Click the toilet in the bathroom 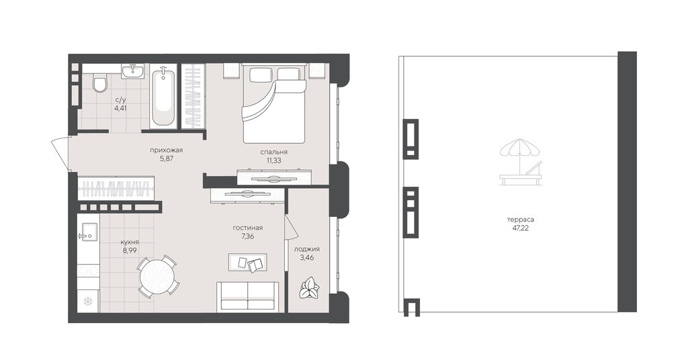coord(100,83)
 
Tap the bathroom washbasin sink coord(132,71)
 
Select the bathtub coord(163,97)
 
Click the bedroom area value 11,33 coord(274,160)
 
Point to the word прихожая coord(167,150)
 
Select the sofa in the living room coord(247,296)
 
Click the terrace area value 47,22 coord(521,228)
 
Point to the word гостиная coord(248,228)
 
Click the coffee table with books coord(247,262)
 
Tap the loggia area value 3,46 coord(306,257)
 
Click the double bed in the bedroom coord(274,103)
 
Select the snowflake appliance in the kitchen coord(88,301)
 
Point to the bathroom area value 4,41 coord(121,108)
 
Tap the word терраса coord(521,220)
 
